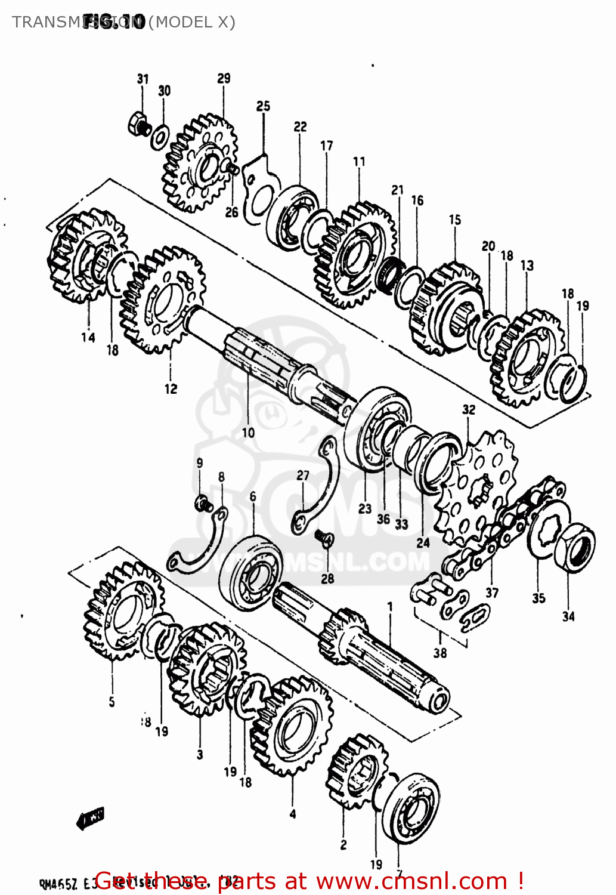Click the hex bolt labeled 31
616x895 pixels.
[x=139, y=124]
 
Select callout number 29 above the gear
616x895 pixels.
[x=224, y=79]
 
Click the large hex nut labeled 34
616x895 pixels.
[x=574, y=547]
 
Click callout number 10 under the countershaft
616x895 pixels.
[x=248, y=433]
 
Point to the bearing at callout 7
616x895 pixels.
[x=410, y=808]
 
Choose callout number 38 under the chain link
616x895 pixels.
[x=440, y=653]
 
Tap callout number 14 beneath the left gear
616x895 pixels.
[x=88, y=337]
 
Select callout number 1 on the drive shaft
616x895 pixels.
[x=390, y=607]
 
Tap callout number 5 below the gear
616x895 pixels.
[x=112, y=702]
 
